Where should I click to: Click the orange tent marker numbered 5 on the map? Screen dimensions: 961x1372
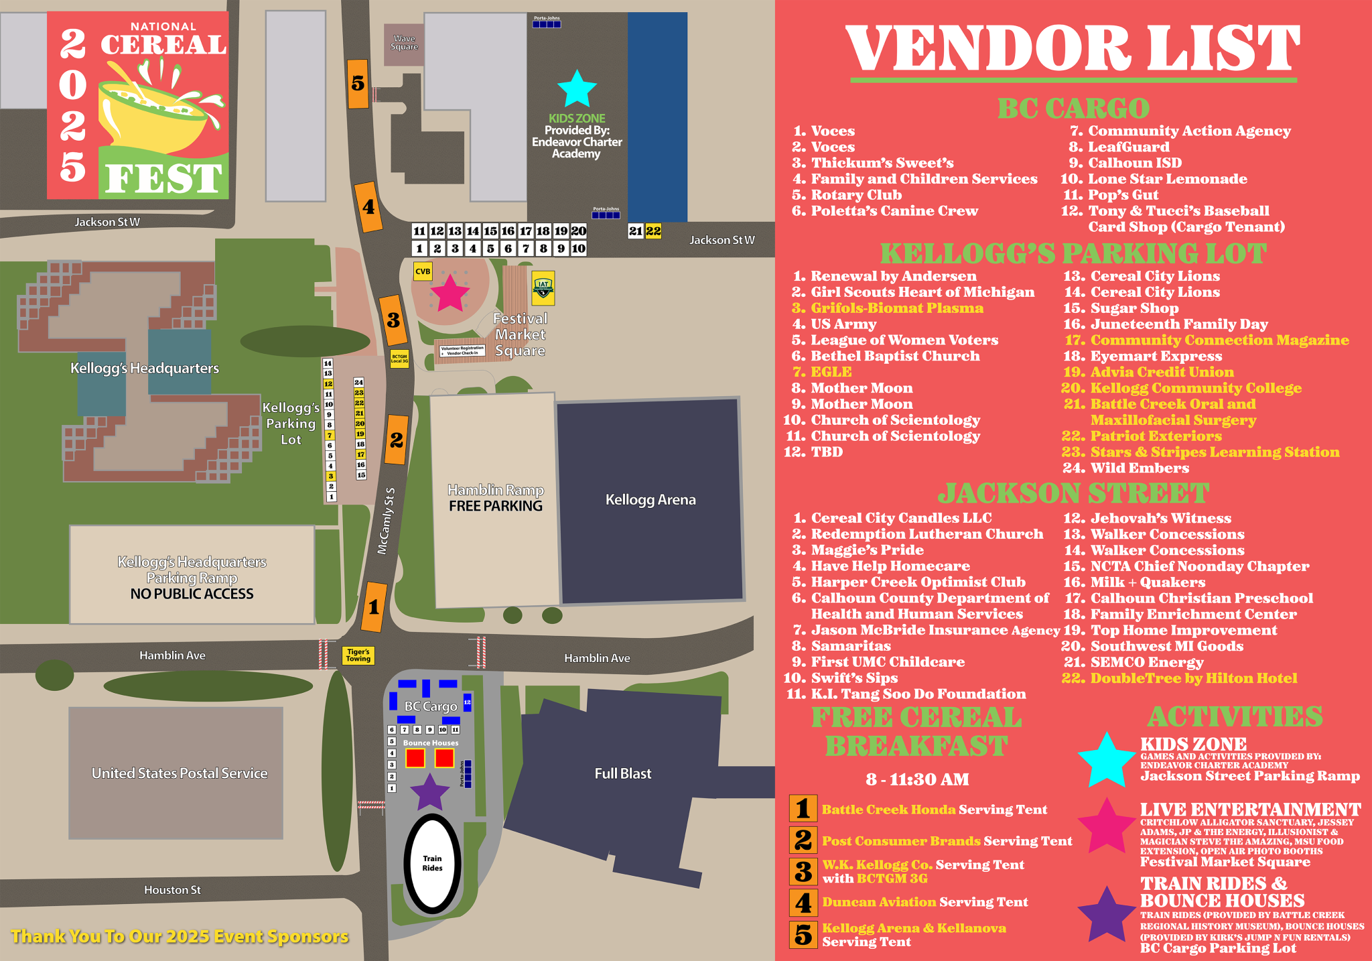pos(358,83)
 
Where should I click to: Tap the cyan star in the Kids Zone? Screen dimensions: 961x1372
pos(577,90)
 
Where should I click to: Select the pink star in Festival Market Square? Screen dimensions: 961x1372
pos(450,293)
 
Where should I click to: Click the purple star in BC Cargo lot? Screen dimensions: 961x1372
pos(429,792)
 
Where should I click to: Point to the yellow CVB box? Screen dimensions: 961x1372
pos(423,271)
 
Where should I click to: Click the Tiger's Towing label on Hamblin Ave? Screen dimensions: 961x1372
pos(358,655)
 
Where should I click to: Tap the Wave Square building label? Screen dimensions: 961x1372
pos(404,43)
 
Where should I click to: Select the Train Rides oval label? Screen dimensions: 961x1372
pos(432,863)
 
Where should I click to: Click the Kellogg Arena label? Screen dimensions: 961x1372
pos(650,500)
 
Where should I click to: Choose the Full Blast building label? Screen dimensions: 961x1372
pos(622,773)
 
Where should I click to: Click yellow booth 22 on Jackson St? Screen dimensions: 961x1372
pos(653,231)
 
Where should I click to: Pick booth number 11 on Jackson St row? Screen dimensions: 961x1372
pos(419,231)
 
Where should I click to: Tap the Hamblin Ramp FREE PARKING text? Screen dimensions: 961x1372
pos(495,499)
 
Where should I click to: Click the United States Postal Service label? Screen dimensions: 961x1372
pos(179,773)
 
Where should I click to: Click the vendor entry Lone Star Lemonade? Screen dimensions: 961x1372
pos(1167,179)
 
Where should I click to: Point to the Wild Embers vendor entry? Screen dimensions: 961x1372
pos(1140,468)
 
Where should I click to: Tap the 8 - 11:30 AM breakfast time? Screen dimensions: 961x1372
pos(917,779)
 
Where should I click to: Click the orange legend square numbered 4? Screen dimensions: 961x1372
pos(803,903)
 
